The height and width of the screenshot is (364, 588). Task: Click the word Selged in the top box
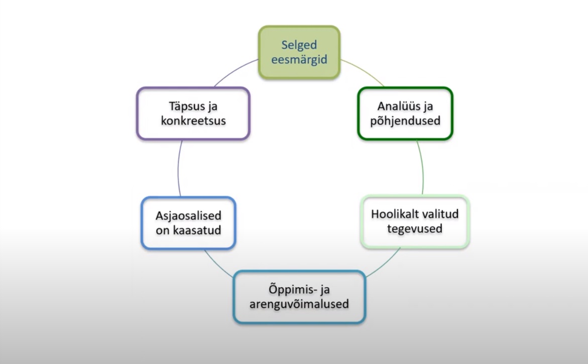coord(299,45)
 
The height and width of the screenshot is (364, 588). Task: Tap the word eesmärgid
coord(299,60)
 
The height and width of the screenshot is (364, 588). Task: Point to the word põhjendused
coord(405,121)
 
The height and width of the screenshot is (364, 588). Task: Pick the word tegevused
coord(415,229)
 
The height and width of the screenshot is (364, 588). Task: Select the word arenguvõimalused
coord(299,304)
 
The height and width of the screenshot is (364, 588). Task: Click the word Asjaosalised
coord(188,216)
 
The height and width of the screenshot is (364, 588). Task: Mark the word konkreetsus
coord(193,120)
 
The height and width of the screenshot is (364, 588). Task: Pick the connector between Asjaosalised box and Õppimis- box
coord(217,265)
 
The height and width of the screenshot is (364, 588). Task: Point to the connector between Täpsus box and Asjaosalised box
coord(178,169)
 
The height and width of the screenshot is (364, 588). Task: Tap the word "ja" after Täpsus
coord(212,107)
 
